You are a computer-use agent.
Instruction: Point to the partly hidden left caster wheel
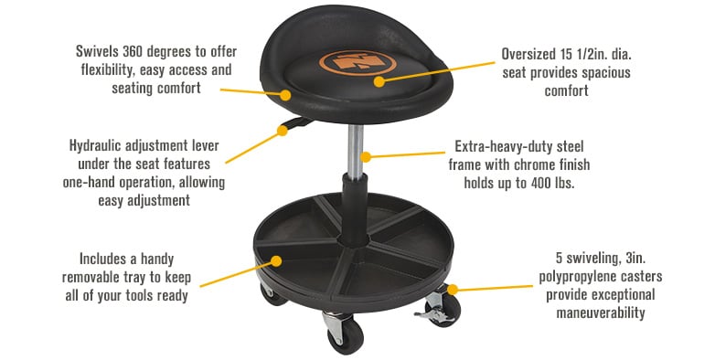coord(267,294)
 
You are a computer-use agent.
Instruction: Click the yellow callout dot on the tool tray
coord(253,264)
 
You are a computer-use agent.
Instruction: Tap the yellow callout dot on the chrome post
coord(365,157)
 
